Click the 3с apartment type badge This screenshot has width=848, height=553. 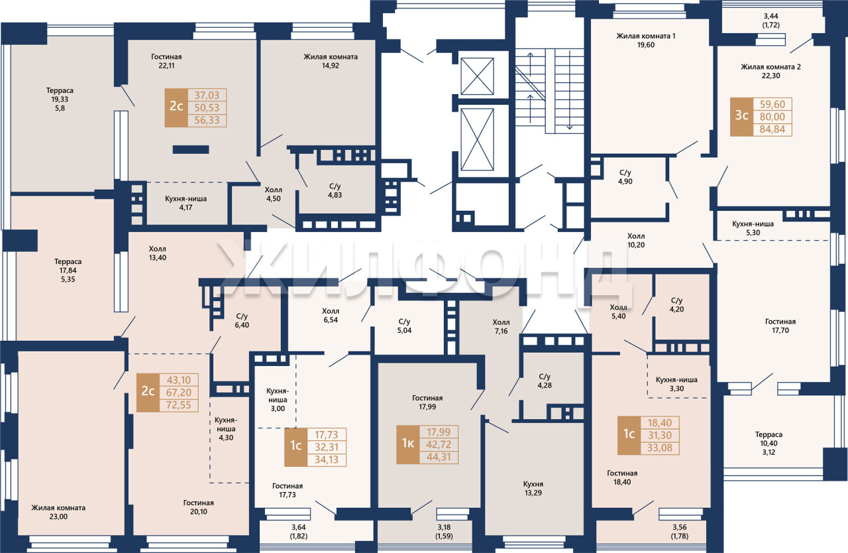(x=741, y=117)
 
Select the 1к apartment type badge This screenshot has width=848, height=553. (x=407, y=444)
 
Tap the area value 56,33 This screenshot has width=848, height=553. (x=207, y=121)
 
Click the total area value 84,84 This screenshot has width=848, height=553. (x=772, y=129)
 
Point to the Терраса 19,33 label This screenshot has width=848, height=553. (x=60, y=99)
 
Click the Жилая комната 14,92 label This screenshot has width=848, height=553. (x=331, y=61)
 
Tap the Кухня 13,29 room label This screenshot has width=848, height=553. (x=533, y=488)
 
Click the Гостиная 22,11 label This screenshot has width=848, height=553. (x=166, y=61)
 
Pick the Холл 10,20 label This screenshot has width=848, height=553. (x=636, y=241)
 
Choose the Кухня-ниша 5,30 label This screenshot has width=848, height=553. (x=753, y=228)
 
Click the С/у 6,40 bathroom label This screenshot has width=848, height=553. (x=242, y=320)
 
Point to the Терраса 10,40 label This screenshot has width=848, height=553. (x=768, y=443)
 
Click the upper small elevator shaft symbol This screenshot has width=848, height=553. (x=477, y=76)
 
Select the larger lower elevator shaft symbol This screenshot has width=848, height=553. (x=477, y=140)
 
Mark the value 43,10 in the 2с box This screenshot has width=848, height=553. (x=179, y=380)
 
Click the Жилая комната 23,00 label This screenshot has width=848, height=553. (x=58, y=512)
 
